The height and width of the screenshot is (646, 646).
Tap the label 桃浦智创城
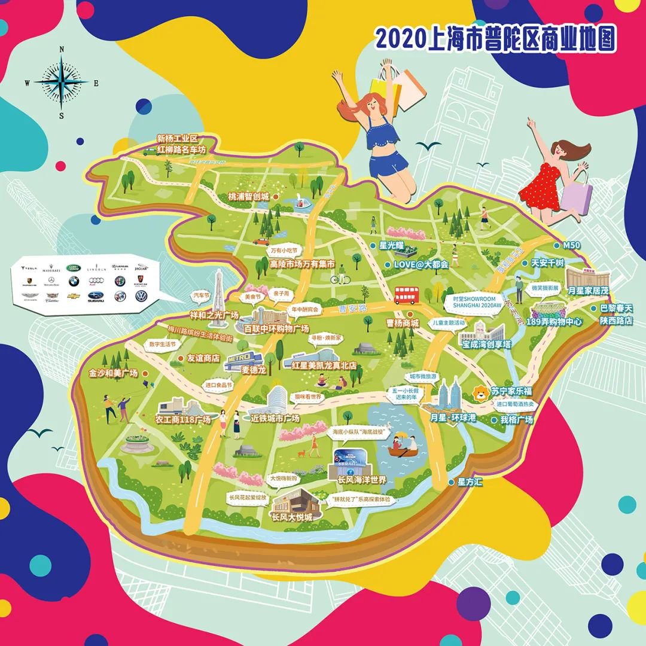pos(248,196)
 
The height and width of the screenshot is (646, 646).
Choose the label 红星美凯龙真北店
pos(324,365)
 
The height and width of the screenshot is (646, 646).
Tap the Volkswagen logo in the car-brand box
pos(141,295)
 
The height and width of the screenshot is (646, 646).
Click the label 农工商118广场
pos(183,420)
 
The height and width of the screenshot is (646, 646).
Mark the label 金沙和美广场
pos(114,373)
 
